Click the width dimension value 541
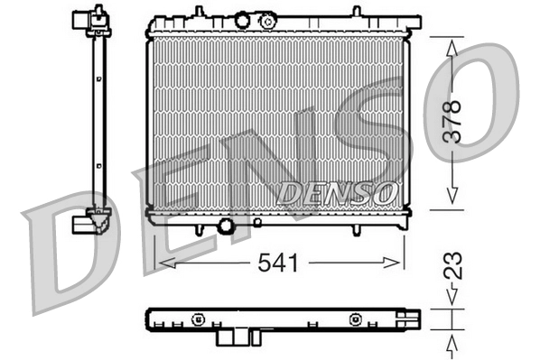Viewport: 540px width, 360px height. tap(279, 263)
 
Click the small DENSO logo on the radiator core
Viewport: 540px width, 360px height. tap(337, 191)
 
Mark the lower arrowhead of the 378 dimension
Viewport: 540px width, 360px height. tap(452, 200)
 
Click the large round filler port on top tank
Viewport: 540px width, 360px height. tap(268, 22)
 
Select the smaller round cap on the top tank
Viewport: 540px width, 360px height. tap(241, 18)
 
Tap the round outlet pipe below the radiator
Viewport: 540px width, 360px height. tap(226, 226)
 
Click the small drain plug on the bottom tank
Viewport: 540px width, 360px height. tap(257, 221)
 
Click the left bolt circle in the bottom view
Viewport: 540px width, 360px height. tap(195, 318)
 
